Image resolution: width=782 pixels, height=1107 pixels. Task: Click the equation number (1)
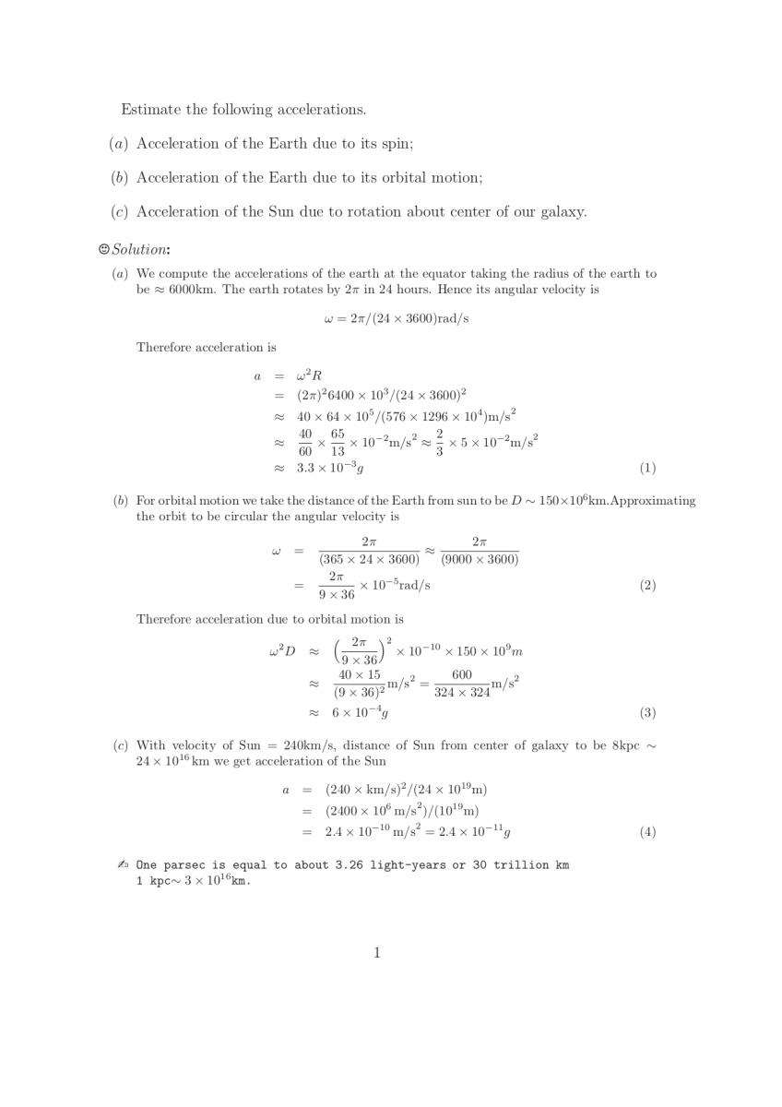(646, 468)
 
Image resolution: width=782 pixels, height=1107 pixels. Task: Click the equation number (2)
(646, 586)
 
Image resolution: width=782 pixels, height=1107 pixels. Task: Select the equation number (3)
(646, 713)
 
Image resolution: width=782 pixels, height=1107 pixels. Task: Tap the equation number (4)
(646, 832)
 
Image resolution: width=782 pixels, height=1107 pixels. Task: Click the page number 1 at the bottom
(377, 953)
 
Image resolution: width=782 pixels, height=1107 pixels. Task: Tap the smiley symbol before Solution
(103, 250)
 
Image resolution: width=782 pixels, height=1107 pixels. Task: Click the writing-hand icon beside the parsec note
(123, 865)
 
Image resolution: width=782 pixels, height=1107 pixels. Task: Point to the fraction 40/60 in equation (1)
(304, 442)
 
